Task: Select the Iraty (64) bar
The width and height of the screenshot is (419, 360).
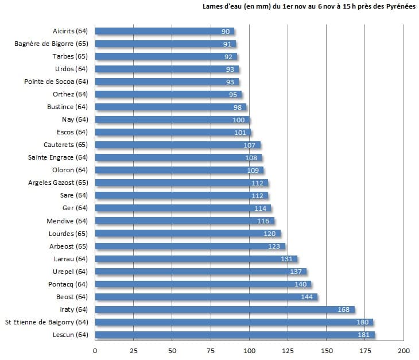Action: pos(224,309)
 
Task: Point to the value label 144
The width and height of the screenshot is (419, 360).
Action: pos(307,297)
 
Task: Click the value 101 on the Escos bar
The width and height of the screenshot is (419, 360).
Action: pos(240,133)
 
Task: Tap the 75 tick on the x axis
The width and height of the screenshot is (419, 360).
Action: pos(211,350)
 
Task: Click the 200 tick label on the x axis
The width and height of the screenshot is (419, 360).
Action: pos(404,350)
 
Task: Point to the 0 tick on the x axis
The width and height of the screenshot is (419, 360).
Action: pos(95,350)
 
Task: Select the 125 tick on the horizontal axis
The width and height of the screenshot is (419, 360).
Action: pos(288,350)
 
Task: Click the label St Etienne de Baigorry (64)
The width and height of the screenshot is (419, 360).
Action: pos(46,322)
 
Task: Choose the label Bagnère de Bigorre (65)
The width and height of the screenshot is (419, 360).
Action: pos(51,44)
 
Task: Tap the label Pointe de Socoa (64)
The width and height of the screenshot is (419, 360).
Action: pos(56,82)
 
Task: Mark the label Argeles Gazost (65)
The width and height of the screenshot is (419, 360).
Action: pos(58,183)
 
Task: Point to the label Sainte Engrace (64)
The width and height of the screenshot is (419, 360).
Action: pos(58,158)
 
